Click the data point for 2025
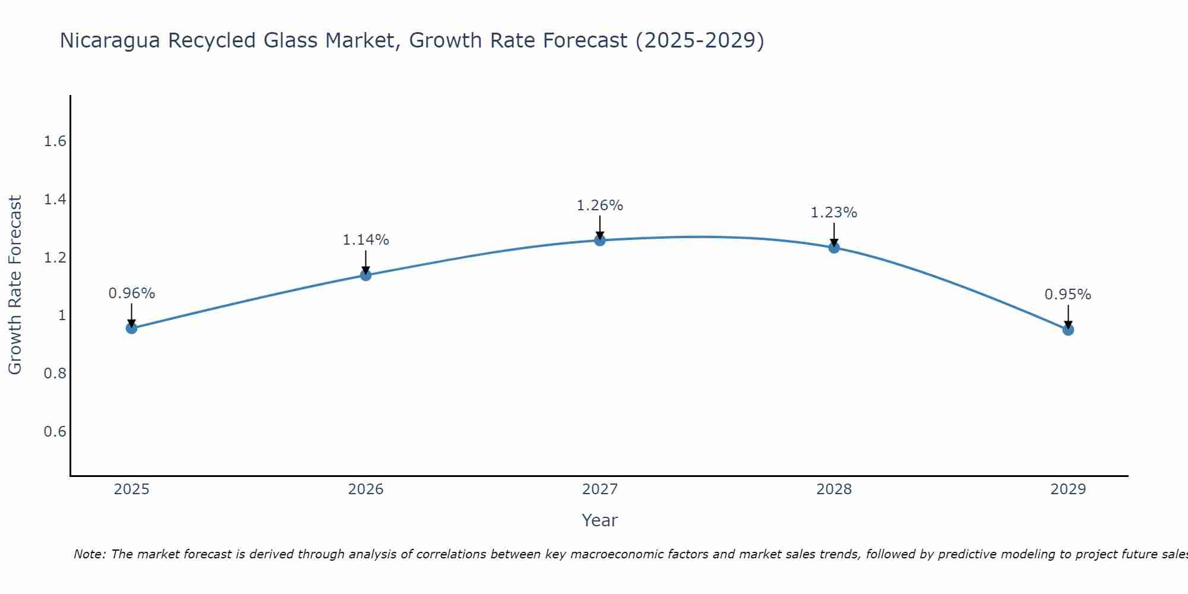(x=131, y=328)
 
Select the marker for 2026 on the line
(x=366, y=275)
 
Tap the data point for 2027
(x=600, y=240)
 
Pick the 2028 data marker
(x=834, y=248)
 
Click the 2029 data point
(x=1068, y=330)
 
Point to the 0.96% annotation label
(x=131, y=293)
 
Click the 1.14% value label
(x=366, y=240)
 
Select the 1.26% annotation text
(x=600, y=206)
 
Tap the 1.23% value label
(x=834, y=213)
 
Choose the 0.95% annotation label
(x=1068, y=295)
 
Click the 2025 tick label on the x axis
(x=131, y=489)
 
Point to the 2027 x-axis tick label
(x=600, y=489)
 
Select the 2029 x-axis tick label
(x=1068, y=489)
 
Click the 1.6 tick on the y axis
(x=55, y=141)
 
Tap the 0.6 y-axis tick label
(x=55, y=431)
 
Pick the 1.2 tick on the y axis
(x=55, y=257)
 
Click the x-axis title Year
(x=600, y=520)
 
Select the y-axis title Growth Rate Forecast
(x=15, y=285)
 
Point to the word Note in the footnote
(x=89, y=554)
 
